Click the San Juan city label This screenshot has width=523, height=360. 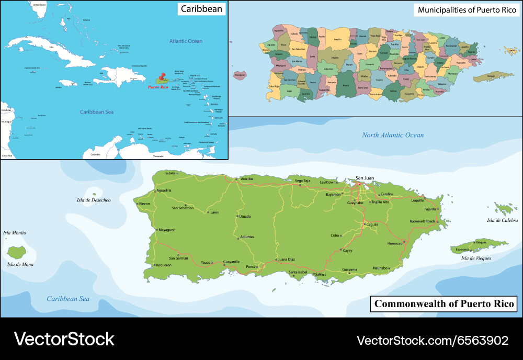click(365, 177)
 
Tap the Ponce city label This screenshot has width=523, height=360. click(252, 267)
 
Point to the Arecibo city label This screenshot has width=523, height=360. click(246, 178)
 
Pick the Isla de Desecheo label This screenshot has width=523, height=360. click(94, 200)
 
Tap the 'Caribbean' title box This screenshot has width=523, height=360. click(202, 8)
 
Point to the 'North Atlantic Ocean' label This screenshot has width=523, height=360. click(393, 135)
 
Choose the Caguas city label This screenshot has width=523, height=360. click(372, 224)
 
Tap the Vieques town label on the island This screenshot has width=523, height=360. click(481, 242)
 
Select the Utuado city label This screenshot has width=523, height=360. click(245, 216)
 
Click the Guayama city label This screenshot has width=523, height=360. click(349, 270)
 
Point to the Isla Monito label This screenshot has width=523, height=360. click(15, 233)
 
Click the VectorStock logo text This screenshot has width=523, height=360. click(64, 339)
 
